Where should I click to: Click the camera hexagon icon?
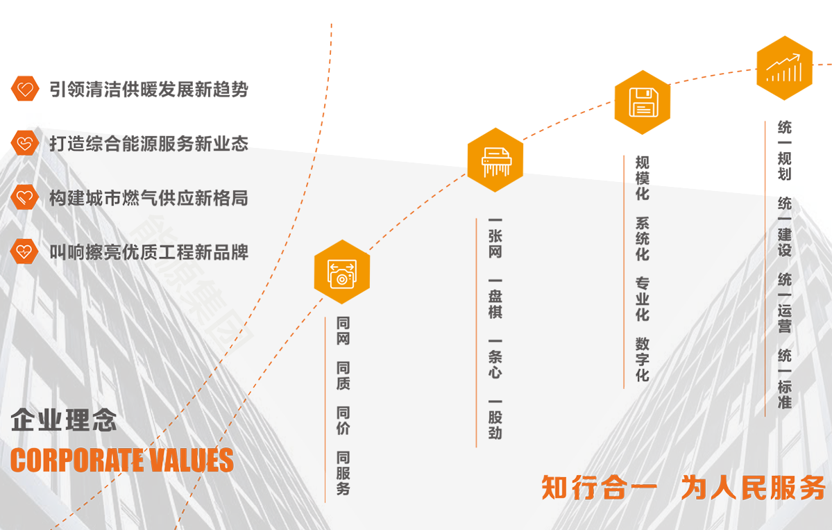(x=342, y=272)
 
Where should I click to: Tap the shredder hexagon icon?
(x=495, y=160)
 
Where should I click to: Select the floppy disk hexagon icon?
(x=643, y=102)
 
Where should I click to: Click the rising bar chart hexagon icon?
(x=785, y=68)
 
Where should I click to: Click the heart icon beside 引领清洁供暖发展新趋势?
(x=25, y=89)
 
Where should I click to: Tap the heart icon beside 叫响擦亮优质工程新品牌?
(x=25, y=251)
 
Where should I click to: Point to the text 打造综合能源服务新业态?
(x=148, y=144)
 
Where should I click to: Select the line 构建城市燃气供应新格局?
(x=148, y=198)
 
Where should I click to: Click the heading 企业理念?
(x=64, y=420)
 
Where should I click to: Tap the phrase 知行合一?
(x=598, y=488)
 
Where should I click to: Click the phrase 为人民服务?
(x=753, y=488)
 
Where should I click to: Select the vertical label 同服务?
(x=343, y=473)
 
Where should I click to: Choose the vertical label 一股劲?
(x=495, y=418)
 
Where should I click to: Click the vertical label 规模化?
(x=643, y=178)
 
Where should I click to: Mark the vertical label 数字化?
(x=643, y=358)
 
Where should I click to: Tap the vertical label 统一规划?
(x=785, y=150)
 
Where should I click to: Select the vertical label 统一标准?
(x=785, y=379)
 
